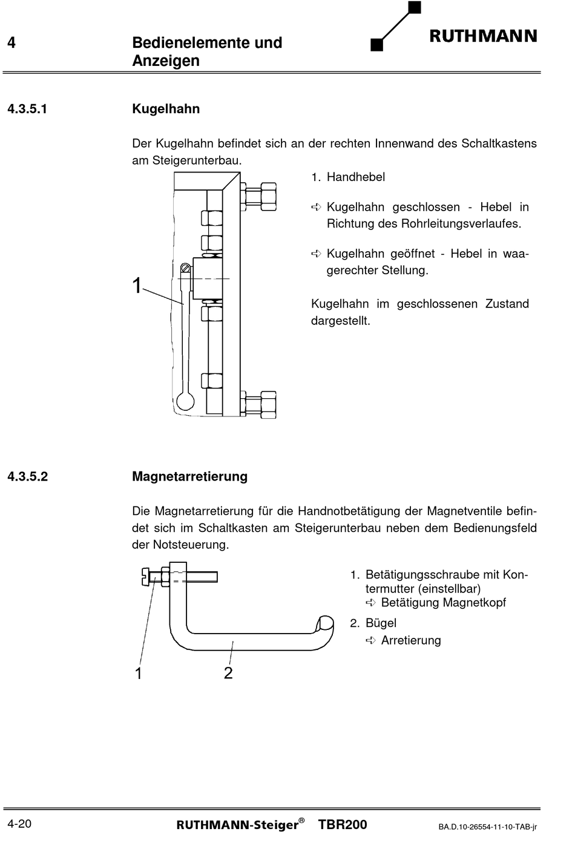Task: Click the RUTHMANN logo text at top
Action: pyautogui.click(x=483, y=36)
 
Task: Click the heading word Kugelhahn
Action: pyautogui.click(x=166, y=109)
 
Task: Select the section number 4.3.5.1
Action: pyautogui.click(x=27, y=109)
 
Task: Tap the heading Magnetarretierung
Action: pyautogui.click(x=189, y=476)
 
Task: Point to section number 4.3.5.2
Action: pyautogui.click(x=27, y=476)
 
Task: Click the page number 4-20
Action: pyautogui.click(x=19, y=824)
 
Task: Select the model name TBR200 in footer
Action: pyautogui.click(x=342, y=824)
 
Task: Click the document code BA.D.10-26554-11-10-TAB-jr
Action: pyautogui.click(x=488, y=827)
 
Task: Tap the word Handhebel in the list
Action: pyautogui.click(x=355, y=177)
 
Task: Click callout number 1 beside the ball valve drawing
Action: pyautogui.click(x=137, y=286)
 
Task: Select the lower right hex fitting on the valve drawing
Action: pyautogui.click(x=261, y=404)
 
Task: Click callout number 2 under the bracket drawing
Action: pyautogui.click(x=228, y=673)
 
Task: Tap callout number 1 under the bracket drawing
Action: pyautogui.click(x=139, y=673)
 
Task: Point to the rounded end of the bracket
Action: pyautogui.click(x=326, y=623)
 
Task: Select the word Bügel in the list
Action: pyautogui.click(x=381, y=623)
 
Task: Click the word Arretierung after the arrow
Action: pyautogui.click(x=411, y=641)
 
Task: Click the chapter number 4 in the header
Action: pyautogui.click(x=11, y=43)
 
